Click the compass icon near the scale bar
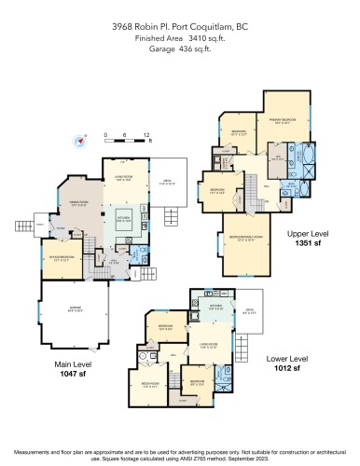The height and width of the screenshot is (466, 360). (x=81, y=142)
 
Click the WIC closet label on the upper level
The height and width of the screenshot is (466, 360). (x=278, y=159)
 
